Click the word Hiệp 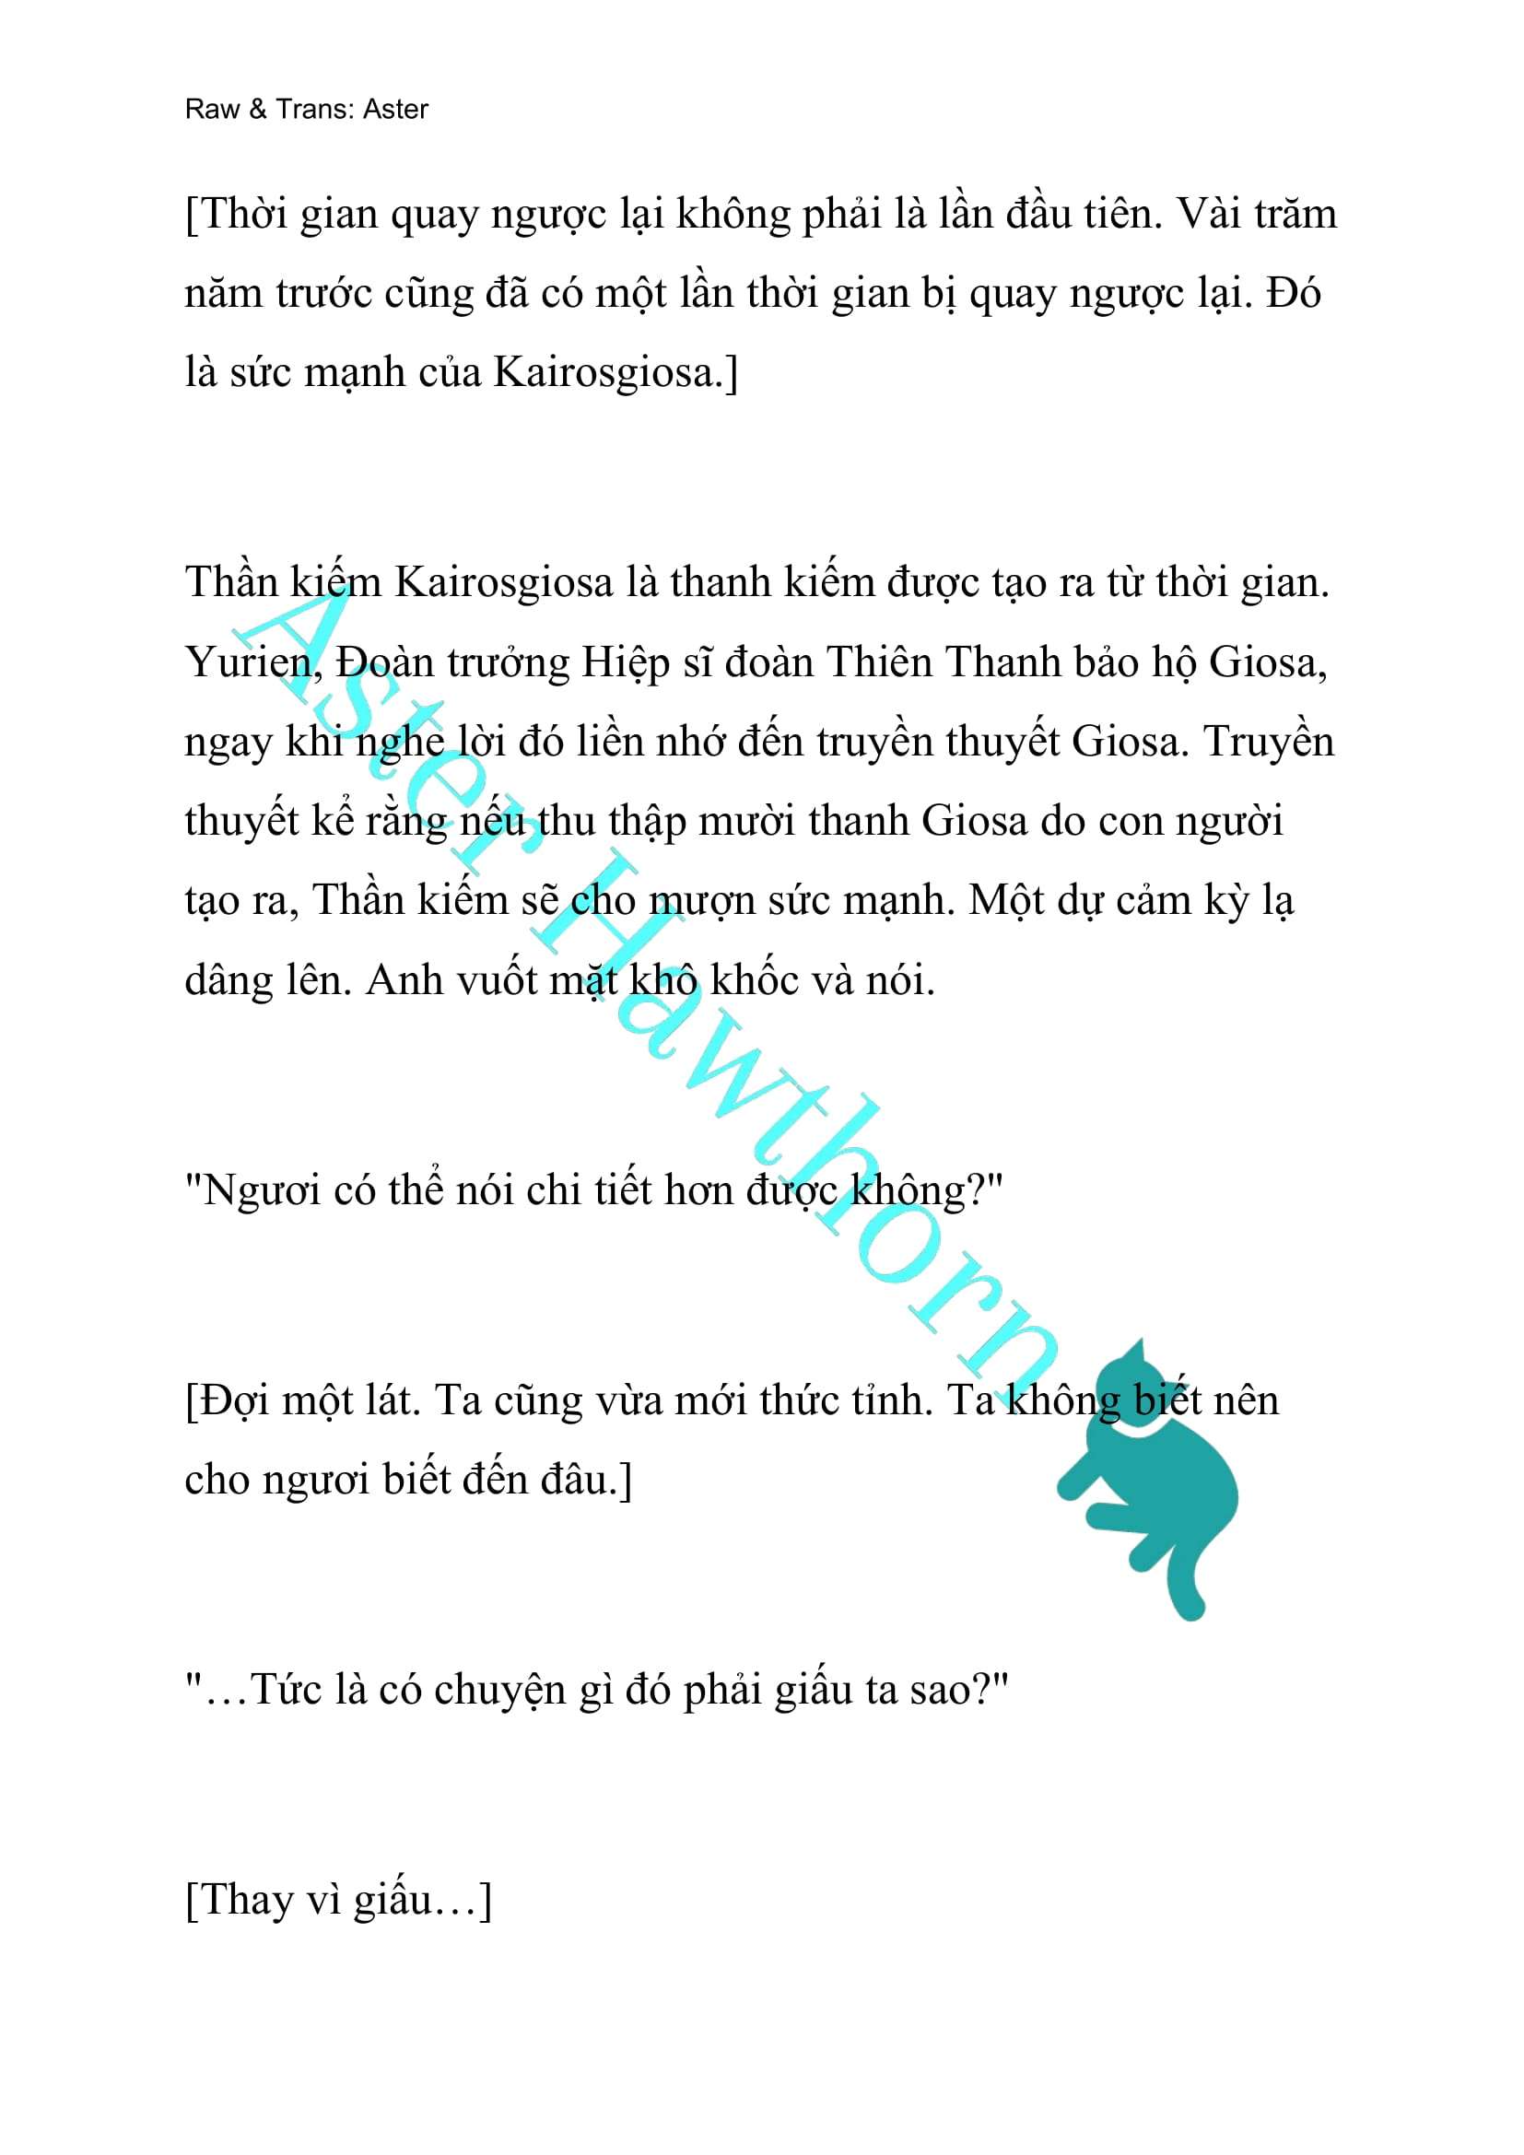pos(620,663)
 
